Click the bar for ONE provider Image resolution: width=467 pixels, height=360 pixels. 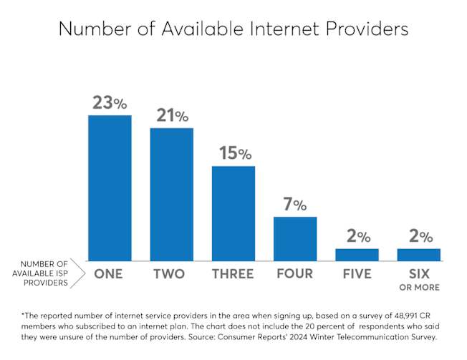coord(110,188)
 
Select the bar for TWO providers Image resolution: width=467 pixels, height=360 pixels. coord(171,194)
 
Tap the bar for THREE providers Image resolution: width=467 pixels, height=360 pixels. coord(233,213)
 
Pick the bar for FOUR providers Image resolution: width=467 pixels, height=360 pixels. coord(294,238)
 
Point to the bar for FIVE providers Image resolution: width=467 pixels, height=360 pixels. coord(357,254)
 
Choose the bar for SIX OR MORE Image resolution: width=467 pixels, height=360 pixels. coord(418,254)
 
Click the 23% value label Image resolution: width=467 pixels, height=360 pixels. coord(110,102)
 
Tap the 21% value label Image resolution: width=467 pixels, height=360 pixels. coord(172,115)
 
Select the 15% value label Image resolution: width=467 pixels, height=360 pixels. coord(233,153)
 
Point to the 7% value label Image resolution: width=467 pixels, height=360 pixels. coord(295,205)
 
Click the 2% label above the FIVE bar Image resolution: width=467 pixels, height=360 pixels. coord(357,236)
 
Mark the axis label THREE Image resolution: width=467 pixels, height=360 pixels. coord(233,274)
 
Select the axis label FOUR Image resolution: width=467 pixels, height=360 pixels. coord(294,274)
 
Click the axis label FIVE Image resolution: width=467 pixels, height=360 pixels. coord(357,274)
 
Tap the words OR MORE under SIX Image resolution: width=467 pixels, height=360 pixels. coord(418,288)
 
